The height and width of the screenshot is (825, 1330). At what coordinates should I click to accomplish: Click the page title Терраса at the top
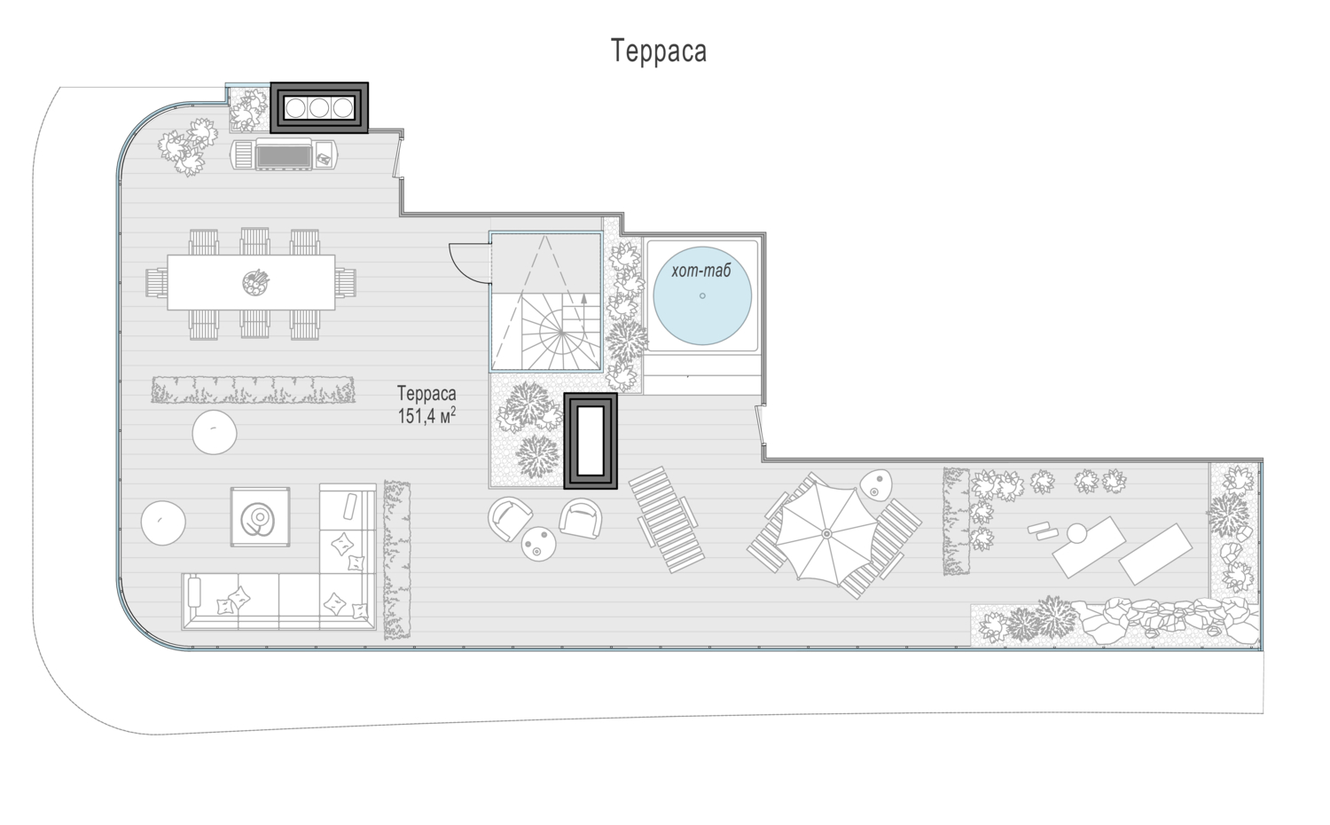click(x=659, y=51)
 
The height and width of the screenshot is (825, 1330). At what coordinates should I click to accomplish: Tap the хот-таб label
click(x=701, y=271)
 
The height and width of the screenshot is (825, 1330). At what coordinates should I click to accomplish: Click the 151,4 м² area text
click(x=426, y=416)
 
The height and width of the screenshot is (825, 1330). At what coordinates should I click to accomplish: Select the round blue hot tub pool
click(x=702, y=295)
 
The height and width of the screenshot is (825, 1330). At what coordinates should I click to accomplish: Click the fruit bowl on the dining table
click(x=256, y=281)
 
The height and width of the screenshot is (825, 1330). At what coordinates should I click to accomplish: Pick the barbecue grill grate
click(x=283, y=155)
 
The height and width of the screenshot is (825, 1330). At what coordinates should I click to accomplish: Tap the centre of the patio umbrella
click(x=826, y=533)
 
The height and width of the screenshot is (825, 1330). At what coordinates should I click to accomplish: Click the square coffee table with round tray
click(x=260, y=517)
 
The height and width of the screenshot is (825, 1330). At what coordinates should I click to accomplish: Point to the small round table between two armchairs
click(x=538, y=544)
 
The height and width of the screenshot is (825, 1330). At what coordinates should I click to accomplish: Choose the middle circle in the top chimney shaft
click(x=319, y=107)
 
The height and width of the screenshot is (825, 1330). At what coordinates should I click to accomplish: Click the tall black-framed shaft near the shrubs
click(x=591, y=441)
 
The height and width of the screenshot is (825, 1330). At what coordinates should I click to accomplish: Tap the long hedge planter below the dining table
click(x=253, y=389)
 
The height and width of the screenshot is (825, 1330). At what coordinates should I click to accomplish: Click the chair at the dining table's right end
click(x=346, y=282)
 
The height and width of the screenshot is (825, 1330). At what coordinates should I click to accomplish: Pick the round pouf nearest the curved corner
click(x=163, y=523)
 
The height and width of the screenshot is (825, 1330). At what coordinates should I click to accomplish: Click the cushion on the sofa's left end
click(x=194, y=592)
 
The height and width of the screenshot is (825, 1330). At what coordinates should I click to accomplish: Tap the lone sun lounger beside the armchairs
click(x=666, y=520)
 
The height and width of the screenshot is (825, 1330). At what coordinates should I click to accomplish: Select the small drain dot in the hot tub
click(x=702, y=295)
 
